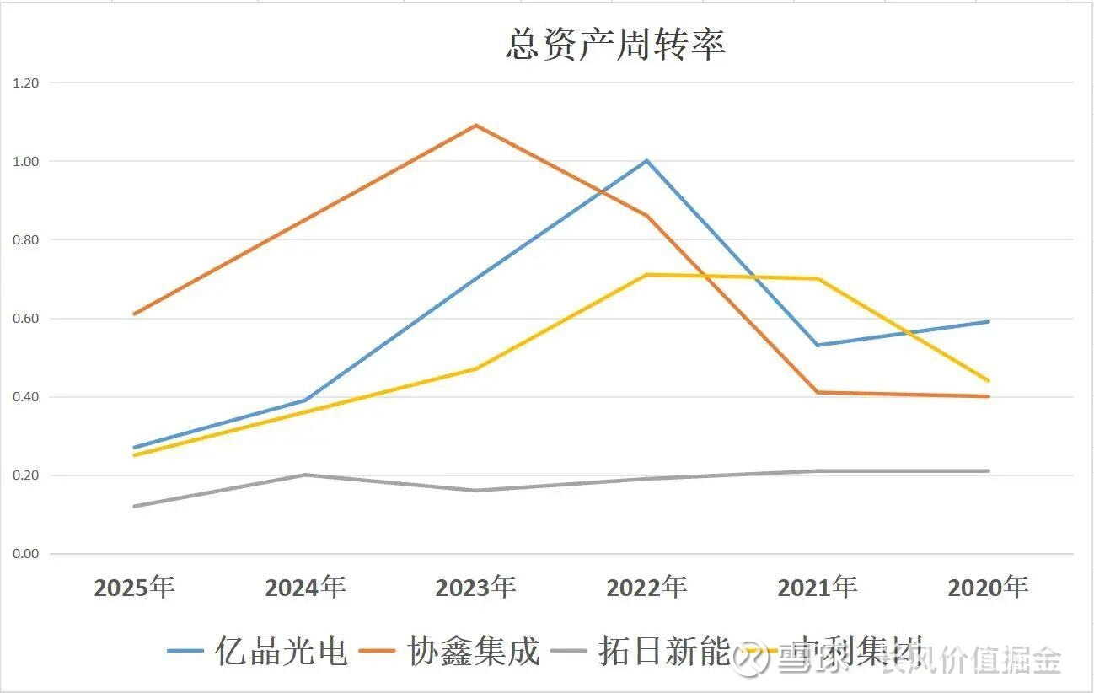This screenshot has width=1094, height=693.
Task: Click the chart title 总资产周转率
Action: pyautogui.click(x=615, y=44)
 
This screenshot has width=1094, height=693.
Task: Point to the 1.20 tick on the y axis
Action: pyautogui.click(x=26, y=83)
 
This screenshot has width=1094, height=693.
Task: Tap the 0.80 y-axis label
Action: pyautogui.click(x=26, y=239)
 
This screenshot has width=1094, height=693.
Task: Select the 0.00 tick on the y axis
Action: pyautogui.click(x=26, y=554)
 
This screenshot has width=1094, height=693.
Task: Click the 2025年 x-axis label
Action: pyautogui.click(x=135, y=587)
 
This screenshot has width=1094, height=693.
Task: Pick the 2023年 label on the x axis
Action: pyautogui.click(x=476, y=587)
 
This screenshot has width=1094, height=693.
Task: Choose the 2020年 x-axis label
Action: pyautogui.click(x=988, y=587)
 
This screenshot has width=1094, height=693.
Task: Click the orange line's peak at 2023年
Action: pyautogui.click(x=476, y=126)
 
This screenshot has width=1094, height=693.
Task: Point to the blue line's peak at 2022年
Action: pyautogui.click(x=646, y=160)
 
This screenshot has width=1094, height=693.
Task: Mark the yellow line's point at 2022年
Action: pyautogui.click(x=646, y=275)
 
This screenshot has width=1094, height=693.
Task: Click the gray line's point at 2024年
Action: pyautogui.click(x=305, y=475)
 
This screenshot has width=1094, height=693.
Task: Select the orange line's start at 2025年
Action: pyautogui.click(x=135, y=314)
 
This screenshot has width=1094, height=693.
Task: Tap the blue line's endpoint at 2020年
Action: pyautogui.click(x=988, y=321)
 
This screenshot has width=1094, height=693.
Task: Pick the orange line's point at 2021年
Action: pyautogui.click(x=818, y=392)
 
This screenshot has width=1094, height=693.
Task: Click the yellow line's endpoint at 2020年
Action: pyautogui.click(x=988, y=380)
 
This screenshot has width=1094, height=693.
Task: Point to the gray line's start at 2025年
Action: pyautogui.click(x=135, y=506)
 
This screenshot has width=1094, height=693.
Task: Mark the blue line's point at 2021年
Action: pyautogui.click(x=818, y=345)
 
